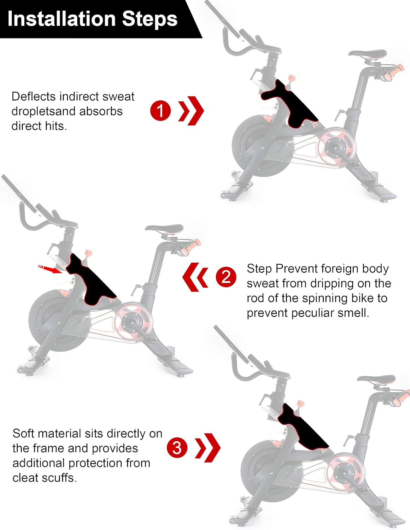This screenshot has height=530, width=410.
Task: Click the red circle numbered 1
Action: pyautogui.click(x=160, y=110)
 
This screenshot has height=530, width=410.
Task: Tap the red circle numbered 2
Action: pyautogui.click(x=226, y=277)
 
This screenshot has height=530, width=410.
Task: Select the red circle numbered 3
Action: pyautogui.click(x=177, y=447)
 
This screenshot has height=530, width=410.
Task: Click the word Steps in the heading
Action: pyautogui.click(x=150, y=19)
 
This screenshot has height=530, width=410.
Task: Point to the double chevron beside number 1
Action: pyautogui.click(x=191, y=111)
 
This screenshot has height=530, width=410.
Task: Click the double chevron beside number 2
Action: pyautogui.click(x=195, y=277)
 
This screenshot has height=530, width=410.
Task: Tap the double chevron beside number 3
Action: pyautogui.click(x=208, y=447)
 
